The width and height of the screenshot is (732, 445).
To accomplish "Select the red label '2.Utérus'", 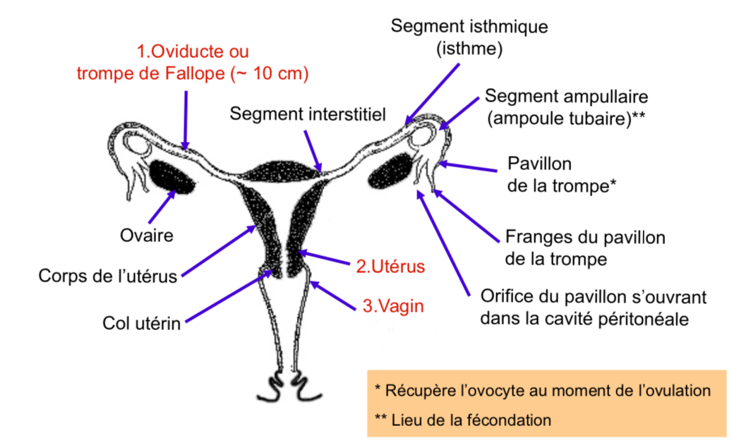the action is coord(390,267).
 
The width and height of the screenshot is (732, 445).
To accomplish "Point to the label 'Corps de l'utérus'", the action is coord(107,276).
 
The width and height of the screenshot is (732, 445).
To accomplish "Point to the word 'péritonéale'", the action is coord(642,318).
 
